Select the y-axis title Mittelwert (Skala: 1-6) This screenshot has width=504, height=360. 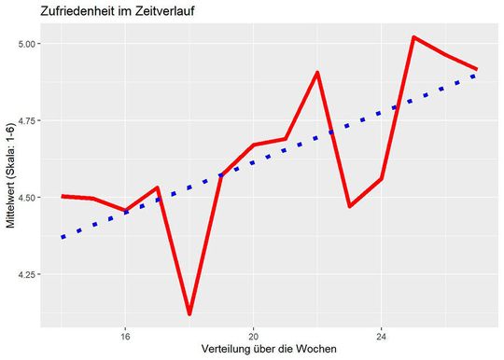click(x=11, y=178)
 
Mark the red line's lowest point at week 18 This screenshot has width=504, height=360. click(x=189, y=313)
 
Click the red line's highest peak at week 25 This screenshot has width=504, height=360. click(x=413, y=37)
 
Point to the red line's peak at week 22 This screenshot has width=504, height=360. click(x=317, y=73)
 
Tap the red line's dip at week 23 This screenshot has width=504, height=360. click(x=349, y=206)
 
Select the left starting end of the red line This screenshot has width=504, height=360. click(x=63, y=196)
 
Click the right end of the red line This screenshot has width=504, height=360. click(x=476, y=69)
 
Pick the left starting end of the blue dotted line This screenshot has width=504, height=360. click(x=63, y=238)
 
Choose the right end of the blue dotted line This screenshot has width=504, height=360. click(x=476, y=76)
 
